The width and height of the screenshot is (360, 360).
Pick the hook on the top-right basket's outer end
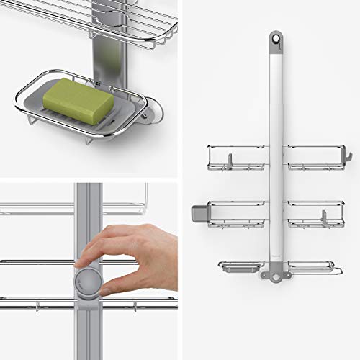click(346, 154)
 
